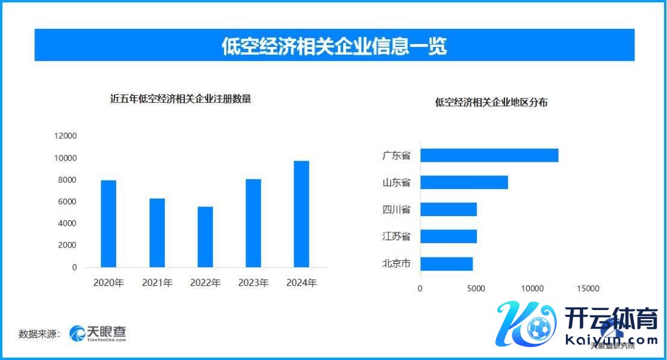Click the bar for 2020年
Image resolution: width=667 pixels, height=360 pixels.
(108, 223)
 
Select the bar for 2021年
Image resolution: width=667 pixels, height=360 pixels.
(157, 232)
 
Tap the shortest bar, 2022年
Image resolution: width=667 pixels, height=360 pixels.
(205, 237)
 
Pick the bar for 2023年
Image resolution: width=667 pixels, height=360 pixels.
(253, 223)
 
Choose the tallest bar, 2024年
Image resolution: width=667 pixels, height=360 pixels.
(302, 214)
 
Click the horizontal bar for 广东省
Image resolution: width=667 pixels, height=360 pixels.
(489, 155)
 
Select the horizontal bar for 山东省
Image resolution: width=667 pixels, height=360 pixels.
(464, 182)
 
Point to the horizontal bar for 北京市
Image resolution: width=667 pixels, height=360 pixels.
(446, 264)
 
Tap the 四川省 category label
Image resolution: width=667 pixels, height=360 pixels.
(396, 209)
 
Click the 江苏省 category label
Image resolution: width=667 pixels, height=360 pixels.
(396, 237)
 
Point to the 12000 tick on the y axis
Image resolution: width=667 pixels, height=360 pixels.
(65, 136)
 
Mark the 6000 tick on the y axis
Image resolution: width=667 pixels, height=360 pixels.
(67, 202)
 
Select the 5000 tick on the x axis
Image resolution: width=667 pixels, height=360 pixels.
(476, 288)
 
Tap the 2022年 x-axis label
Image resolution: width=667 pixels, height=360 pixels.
(205, 283)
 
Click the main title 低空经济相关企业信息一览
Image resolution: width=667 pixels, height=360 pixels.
(334, 46)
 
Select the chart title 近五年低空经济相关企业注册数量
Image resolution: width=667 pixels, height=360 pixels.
(181, 99)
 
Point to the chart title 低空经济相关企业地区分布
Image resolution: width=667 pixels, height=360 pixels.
(491, 102)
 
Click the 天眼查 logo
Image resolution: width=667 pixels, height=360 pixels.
(98, 333)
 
